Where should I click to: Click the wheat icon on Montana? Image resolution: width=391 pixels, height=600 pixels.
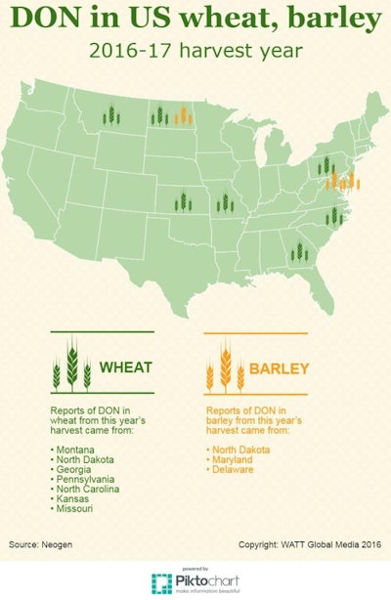111,116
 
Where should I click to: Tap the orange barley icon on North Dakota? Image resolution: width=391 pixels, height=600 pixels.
181,116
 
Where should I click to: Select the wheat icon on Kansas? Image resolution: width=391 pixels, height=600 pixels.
182,202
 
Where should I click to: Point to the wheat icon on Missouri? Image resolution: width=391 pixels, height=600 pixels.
225,202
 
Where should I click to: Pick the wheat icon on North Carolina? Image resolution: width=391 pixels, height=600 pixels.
330,215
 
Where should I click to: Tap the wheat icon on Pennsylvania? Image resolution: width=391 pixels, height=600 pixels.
326,167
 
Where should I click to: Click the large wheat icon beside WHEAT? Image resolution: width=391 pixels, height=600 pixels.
71,365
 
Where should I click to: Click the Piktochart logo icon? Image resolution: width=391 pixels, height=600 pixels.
162,582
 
